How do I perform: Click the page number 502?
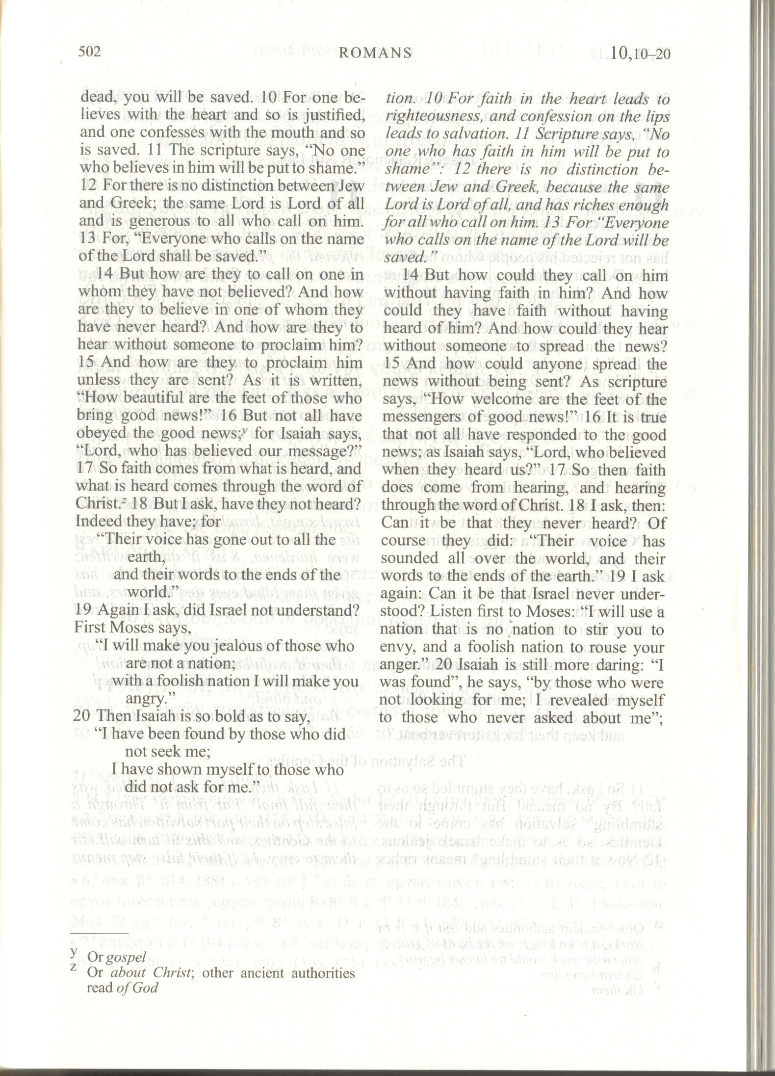click(x=89, y=52)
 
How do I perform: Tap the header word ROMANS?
click(x=375, y=53)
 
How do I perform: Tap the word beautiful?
click(x=131, y=398)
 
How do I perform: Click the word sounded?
click(x=404, y=559)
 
